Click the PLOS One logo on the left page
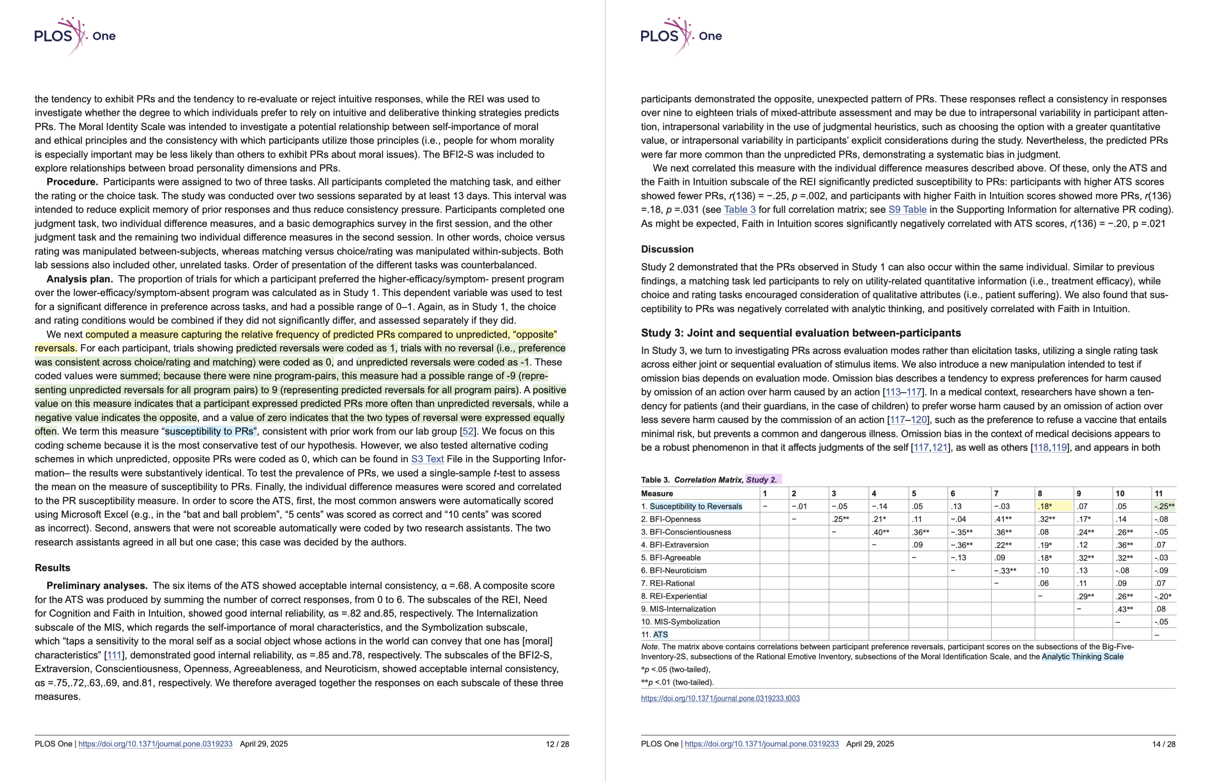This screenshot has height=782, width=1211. point(74,36)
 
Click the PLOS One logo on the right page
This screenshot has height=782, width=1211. point(681,36)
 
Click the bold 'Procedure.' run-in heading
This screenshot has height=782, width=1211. point(72,182)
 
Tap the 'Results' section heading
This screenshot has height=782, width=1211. point(52,568)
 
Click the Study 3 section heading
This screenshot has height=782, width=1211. point(800,333)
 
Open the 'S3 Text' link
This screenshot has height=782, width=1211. point(427,459)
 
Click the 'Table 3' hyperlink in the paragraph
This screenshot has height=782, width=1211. point(739,210)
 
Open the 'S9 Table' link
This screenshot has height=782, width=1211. point(907,210)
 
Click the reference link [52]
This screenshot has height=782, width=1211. point(468,431)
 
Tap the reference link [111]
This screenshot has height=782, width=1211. point(114,655)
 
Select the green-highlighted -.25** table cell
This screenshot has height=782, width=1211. point(1164,506)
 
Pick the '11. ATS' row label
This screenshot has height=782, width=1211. point(655,634)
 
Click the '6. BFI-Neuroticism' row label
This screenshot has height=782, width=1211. point(673,570)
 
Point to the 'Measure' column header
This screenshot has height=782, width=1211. point(657,494)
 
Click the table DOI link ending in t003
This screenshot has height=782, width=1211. point(720,698)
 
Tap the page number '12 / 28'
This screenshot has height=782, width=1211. point(557,744)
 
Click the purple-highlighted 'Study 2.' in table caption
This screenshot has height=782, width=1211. point(762,480)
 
